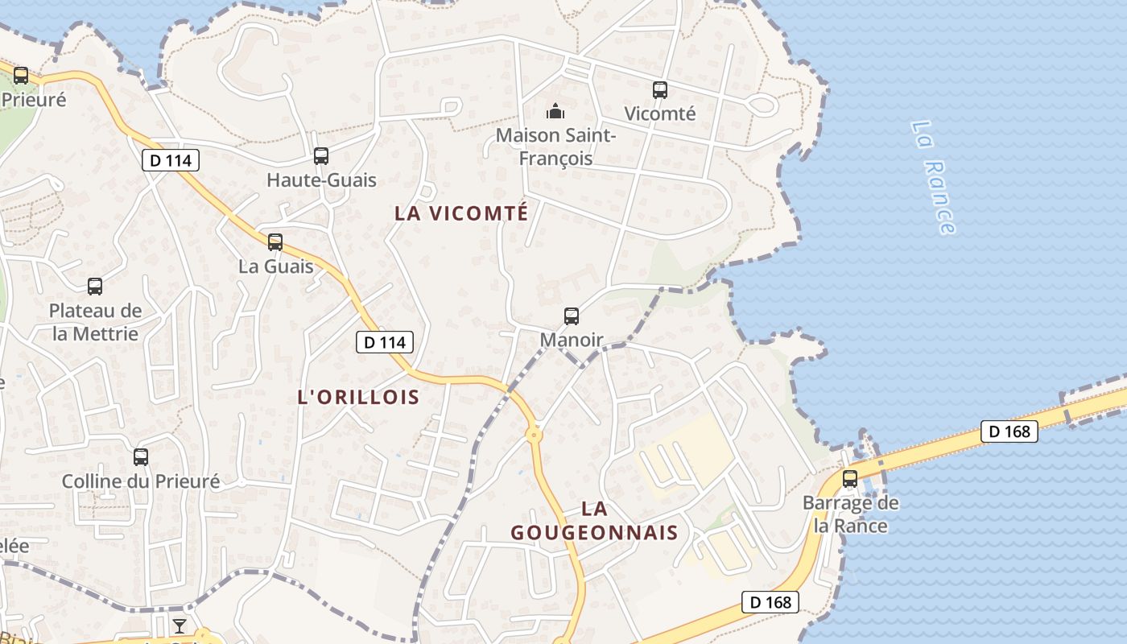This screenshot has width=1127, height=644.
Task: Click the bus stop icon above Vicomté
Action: point(660,90)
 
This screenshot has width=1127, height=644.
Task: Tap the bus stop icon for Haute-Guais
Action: point(321,156)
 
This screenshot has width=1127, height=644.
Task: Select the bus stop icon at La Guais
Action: point(275,242)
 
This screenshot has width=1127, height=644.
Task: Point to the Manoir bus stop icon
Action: point(572,316)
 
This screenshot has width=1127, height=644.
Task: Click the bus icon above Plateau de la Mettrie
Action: point(95,286)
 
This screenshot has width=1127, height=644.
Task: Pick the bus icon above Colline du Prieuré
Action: point(141,457)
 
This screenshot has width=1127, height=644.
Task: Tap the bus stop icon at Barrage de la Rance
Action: point(850,479)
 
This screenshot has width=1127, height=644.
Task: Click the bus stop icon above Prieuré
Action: point(21,76)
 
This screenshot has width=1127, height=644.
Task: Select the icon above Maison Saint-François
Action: point(555,111)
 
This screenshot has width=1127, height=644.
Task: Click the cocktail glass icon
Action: point(179,626)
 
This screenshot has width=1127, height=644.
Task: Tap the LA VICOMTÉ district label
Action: point(461,213)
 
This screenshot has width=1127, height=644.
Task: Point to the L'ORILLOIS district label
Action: point(359,397)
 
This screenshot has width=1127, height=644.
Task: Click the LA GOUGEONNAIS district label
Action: point(595,521)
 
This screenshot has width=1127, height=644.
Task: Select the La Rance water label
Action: point(934,177)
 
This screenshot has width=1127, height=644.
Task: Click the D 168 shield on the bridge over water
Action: point(1009,431)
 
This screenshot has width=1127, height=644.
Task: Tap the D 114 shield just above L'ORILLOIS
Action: point(385,342)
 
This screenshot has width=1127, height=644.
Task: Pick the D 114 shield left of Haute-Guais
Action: point(171,160)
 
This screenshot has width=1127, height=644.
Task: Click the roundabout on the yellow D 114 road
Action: point(534,435)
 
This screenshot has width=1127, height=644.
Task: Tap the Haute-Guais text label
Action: point(321,180)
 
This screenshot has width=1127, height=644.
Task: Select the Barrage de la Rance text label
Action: point(850,514)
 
